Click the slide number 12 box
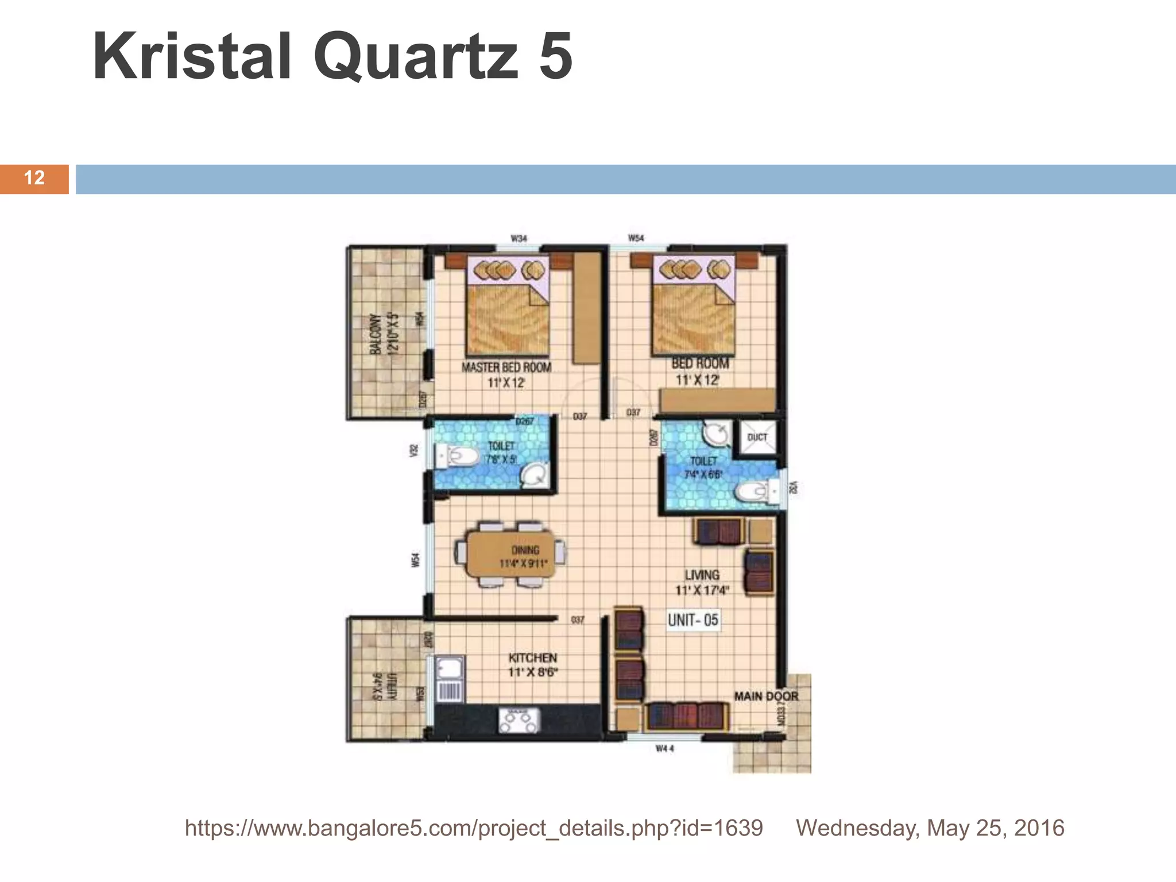tap(34, 179)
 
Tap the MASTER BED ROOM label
tap(506, 367)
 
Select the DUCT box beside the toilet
tap(757, 437)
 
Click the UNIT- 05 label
tap(693, 620)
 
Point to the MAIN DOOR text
tap(766, 696)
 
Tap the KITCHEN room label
tap(533, 658)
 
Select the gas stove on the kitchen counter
tap(519, 720)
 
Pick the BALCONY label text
tap(375, 335)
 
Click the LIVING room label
tap(702, 575)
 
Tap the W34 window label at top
tap(519, 238)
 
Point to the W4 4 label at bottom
tap(665, 749)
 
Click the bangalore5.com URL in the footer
tap(474, 828)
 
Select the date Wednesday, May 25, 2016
tap(930, 828)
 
